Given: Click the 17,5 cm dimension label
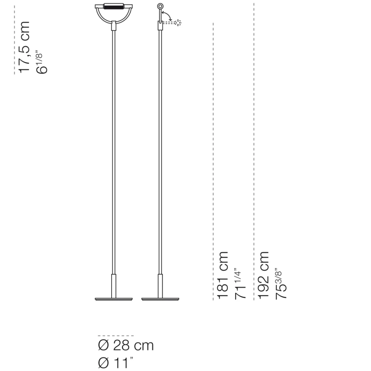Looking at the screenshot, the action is point(24,47).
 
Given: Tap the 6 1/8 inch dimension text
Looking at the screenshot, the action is point(42,62).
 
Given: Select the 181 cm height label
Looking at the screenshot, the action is point(223,275).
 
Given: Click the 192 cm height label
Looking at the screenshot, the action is point(263,275).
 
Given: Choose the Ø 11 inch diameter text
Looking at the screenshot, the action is point(116,362).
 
